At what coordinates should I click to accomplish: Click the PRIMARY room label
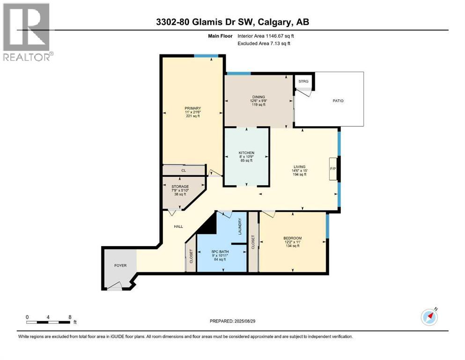pyautogui.click(x=192, y=108)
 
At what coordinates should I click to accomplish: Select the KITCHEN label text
pyautogui.click(x=246, y=153)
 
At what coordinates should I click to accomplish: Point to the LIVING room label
pyautogui.click(x=299, y=166)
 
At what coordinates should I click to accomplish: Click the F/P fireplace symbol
pyautogui.click(x=333, y=169)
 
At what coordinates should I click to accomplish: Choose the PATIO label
pyautogui.click(x=338, y=100)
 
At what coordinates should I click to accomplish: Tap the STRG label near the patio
pyautogui.click(x=303, y=81)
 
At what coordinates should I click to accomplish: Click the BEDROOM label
pyautogui.click(x=292, y=238)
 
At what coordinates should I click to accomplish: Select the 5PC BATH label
pyautogui.click(x=220, y=252)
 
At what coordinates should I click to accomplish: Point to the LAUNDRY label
pyautogui.click(x=240, y=227)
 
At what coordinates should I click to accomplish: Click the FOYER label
pyautogui.click(x=120, y=265)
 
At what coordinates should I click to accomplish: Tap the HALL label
pyautogui.click(x=178, y=226)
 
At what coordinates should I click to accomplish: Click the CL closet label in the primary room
pyautogui.click(x=184, y=170)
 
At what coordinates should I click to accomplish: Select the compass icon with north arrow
pyautogui.click(x=429, y=317)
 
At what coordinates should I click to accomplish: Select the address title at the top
pyautogui.click(x=232, y=22)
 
